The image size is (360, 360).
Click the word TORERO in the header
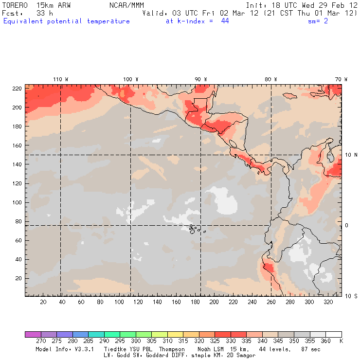coord(15,5)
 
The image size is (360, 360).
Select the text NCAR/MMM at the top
coord(126,5)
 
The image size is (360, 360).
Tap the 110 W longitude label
coord(60,79)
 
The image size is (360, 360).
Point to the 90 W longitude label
coord(200,79)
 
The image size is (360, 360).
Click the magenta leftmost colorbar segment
coord(33,334)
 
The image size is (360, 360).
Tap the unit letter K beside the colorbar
coord(342,342)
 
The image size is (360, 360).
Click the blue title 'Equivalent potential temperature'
coord(67,21)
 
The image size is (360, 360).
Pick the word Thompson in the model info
coord(170,349)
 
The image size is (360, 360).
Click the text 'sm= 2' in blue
coord(318,21)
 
